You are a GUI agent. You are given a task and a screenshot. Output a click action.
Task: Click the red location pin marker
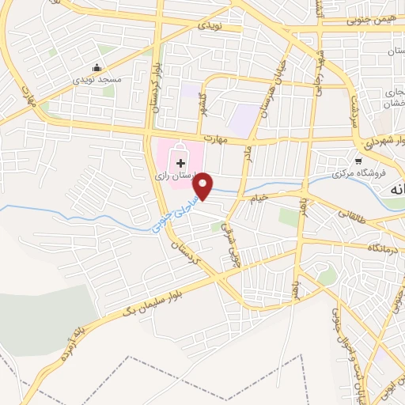[x=205, y=185]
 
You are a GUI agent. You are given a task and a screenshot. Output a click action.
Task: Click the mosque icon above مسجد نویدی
[x=97, y=67]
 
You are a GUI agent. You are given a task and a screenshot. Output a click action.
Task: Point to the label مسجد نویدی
[x=97, y=80]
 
